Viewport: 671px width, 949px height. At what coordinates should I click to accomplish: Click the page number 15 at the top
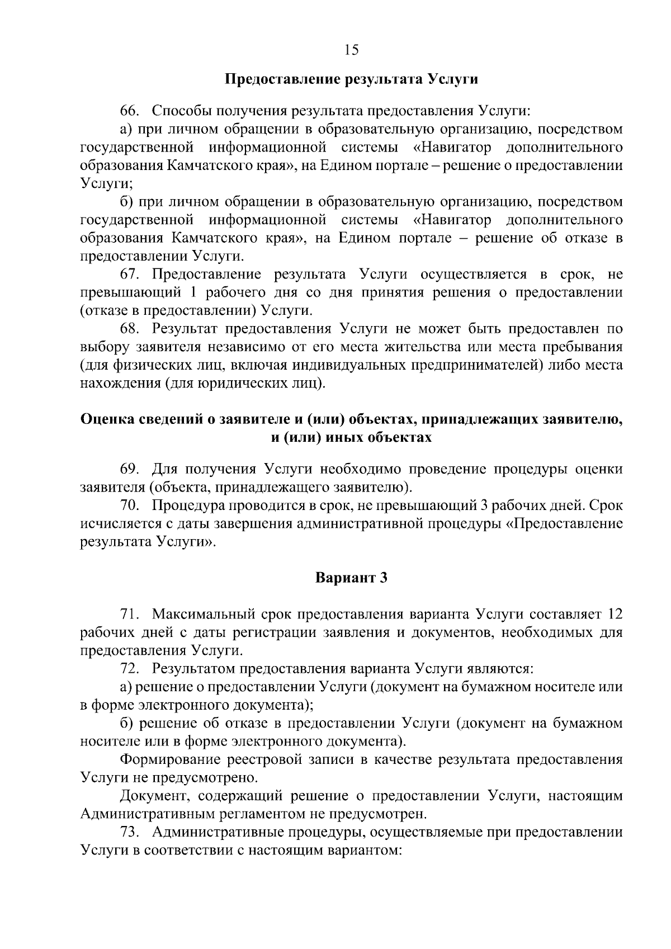(351, 50)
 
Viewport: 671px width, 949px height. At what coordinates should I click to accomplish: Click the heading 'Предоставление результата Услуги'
(351, 79)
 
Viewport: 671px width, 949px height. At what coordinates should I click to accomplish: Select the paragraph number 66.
(129, 110)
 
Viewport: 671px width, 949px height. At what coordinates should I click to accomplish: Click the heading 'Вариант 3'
(351, 578)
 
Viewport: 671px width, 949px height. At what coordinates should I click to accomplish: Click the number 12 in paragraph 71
(615, 615)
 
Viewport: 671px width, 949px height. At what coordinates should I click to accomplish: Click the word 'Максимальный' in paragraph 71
(202, 615)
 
